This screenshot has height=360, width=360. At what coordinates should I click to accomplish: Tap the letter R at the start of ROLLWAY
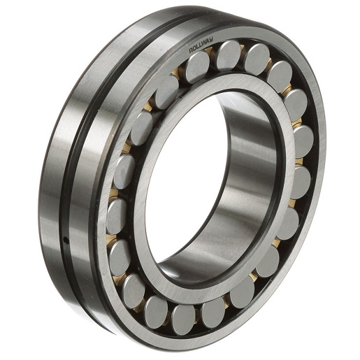[191, 50]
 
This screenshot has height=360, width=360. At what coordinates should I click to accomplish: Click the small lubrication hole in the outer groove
[66, 240]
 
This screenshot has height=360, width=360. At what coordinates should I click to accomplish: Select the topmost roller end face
[229, 55]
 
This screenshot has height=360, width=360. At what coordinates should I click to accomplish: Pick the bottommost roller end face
[183, 316]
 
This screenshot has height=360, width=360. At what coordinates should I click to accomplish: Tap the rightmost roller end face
[303, 142]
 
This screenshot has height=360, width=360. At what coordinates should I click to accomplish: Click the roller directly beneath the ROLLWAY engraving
[198, 67]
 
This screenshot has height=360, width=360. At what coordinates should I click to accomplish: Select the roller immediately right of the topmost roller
[257, 59]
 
